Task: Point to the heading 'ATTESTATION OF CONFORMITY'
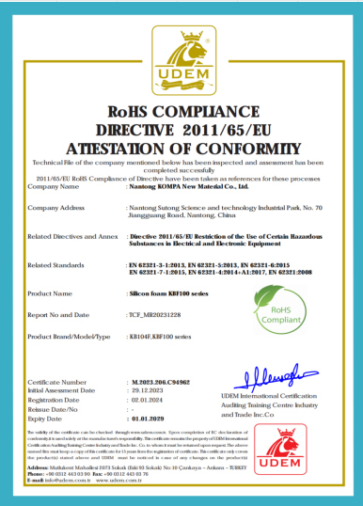click(x=181, y=148)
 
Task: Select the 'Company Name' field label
click(x=55, y=186)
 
